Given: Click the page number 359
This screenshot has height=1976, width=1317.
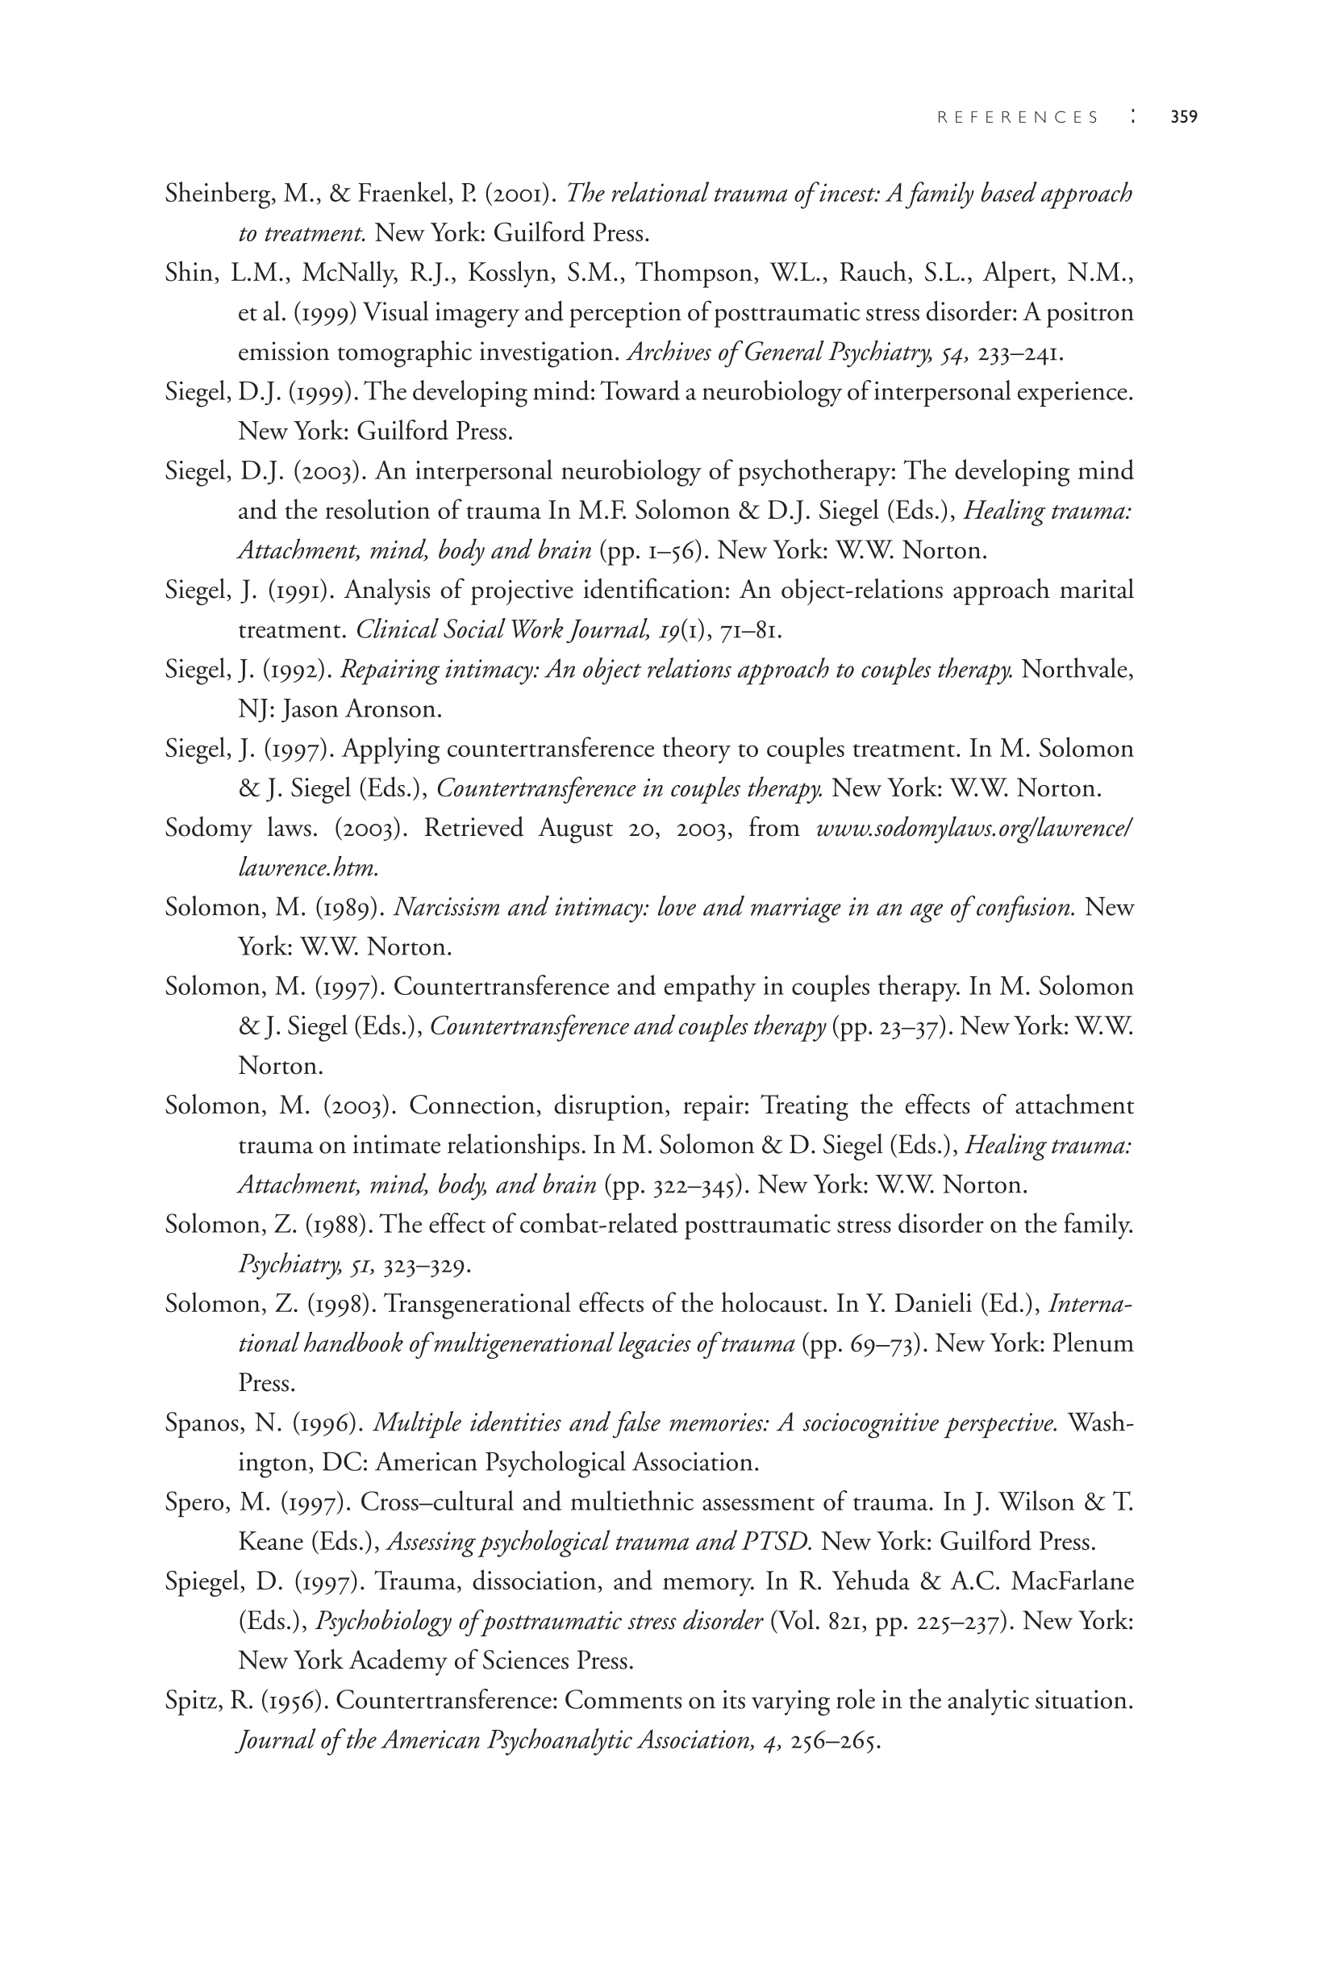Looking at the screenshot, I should pos(1183,118).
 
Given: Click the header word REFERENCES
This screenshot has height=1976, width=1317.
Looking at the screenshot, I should pos(1018,118).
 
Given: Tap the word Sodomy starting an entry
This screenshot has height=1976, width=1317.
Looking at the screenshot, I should pos(208,829).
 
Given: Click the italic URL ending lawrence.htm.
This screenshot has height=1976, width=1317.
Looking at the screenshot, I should pos(308,868).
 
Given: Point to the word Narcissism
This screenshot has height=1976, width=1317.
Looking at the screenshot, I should pos(446,909).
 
